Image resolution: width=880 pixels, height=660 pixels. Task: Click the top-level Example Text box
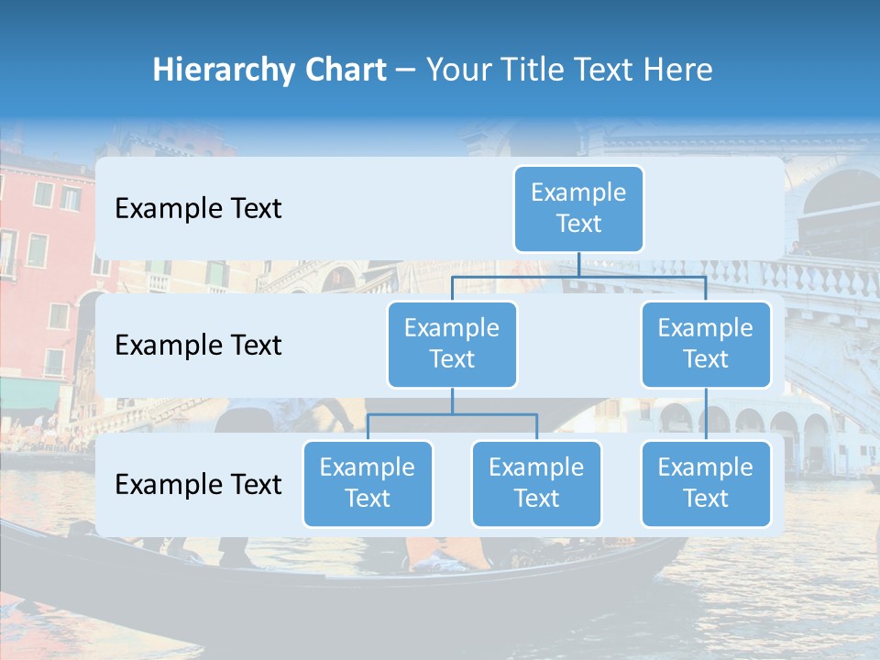coord(578,208)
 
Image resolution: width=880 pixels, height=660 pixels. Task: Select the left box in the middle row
coord(452,344)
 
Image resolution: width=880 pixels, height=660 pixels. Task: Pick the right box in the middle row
coord(706,344)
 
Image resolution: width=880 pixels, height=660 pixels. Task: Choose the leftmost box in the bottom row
coord(368,483)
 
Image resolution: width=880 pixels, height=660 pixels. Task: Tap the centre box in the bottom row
coord(536,483)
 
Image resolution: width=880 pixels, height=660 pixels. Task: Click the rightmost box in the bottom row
coord(706,483)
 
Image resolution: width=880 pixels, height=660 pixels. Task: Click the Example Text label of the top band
coord(198,208)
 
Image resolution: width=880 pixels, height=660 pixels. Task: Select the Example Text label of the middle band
coord(198,345)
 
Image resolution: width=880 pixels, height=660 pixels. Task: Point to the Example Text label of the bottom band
coord(198,484)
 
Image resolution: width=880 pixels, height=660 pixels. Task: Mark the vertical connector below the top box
coord(578,264)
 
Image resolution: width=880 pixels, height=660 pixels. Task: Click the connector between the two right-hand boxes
coord(706,414)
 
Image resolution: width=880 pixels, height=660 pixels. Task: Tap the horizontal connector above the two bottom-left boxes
coord(452,414)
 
